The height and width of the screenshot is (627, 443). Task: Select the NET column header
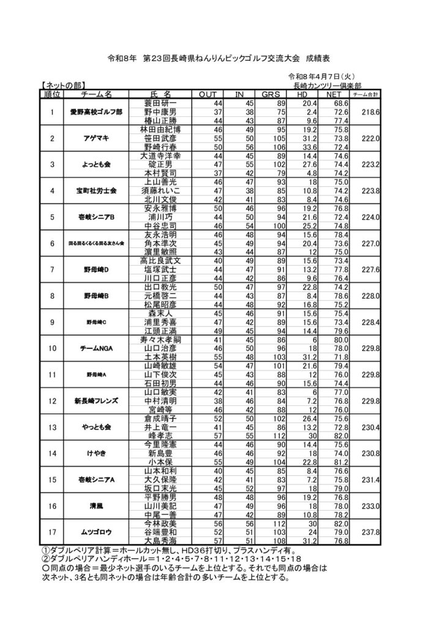(333, 95)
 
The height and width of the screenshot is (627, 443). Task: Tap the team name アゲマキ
(97, 138)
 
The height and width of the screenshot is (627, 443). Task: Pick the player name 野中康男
(160, 112)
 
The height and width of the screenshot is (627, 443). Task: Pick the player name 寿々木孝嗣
(160, 339)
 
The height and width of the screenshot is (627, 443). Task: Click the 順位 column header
(53, 95)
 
